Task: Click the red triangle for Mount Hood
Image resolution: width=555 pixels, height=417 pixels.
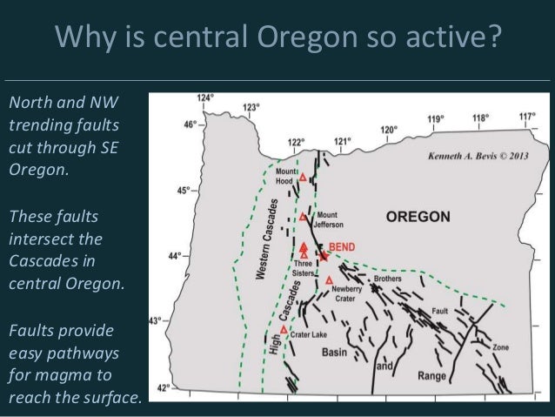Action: (303, 178)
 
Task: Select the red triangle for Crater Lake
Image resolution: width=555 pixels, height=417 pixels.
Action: (284, 329)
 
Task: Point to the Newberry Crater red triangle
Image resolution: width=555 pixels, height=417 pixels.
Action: (329, 280)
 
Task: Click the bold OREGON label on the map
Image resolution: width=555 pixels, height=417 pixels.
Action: (418, 216)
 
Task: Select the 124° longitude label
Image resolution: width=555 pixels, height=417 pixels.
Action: (204, 98)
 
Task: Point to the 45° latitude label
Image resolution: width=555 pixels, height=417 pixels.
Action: (183, 190)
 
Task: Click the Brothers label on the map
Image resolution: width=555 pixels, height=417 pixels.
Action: (387, 279)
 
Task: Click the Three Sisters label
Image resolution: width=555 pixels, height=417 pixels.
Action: (303, 267)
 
